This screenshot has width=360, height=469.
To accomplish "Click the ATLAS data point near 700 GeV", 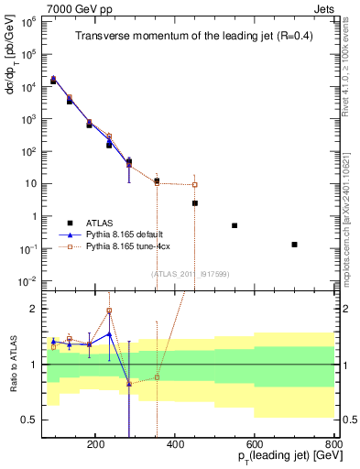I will pos(294,245).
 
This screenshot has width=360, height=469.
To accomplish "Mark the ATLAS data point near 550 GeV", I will pos(235,225).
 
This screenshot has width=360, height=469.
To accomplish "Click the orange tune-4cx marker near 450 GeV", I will pos(195,185).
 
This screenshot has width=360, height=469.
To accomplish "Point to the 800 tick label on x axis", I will pos(334,444).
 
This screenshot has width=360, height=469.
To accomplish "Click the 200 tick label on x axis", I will pos(96,444).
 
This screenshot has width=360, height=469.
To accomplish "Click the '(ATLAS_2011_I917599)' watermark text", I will pos(190,273).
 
